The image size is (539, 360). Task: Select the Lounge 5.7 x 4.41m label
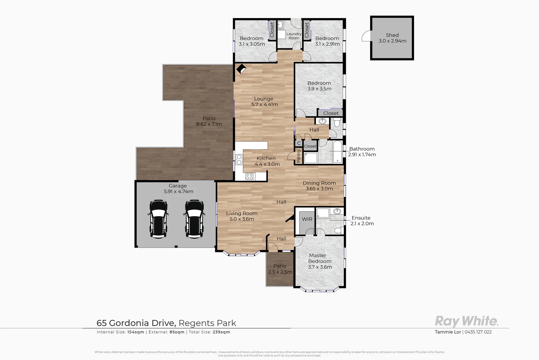coord(265,102)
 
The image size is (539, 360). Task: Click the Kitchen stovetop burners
coord(250,176)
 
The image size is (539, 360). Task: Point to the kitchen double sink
coord(239,160)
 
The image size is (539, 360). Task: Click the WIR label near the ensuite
coord(307,219)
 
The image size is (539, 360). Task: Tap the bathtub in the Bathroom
coord(337,152)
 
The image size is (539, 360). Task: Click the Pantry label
coord(298,156)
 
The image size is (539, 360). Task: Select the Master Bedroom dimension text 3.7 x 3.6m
coord(320,267)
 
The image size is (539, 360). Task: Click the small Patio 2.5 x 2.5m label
coord(280,269)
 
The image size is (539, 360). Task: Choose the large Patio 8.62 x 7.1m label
coord(209,121)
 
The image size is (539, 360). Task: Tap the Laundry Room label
coord(294,36)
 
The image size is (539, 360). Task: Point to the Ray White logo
coord(466,321)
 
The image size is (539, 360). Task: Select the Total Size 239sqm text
coord(209,332)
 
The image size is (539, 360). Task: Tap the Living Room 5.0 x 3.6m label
coord(242,216)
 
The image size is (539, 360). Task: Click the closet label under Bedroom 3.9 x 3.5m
coord(330,113)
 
